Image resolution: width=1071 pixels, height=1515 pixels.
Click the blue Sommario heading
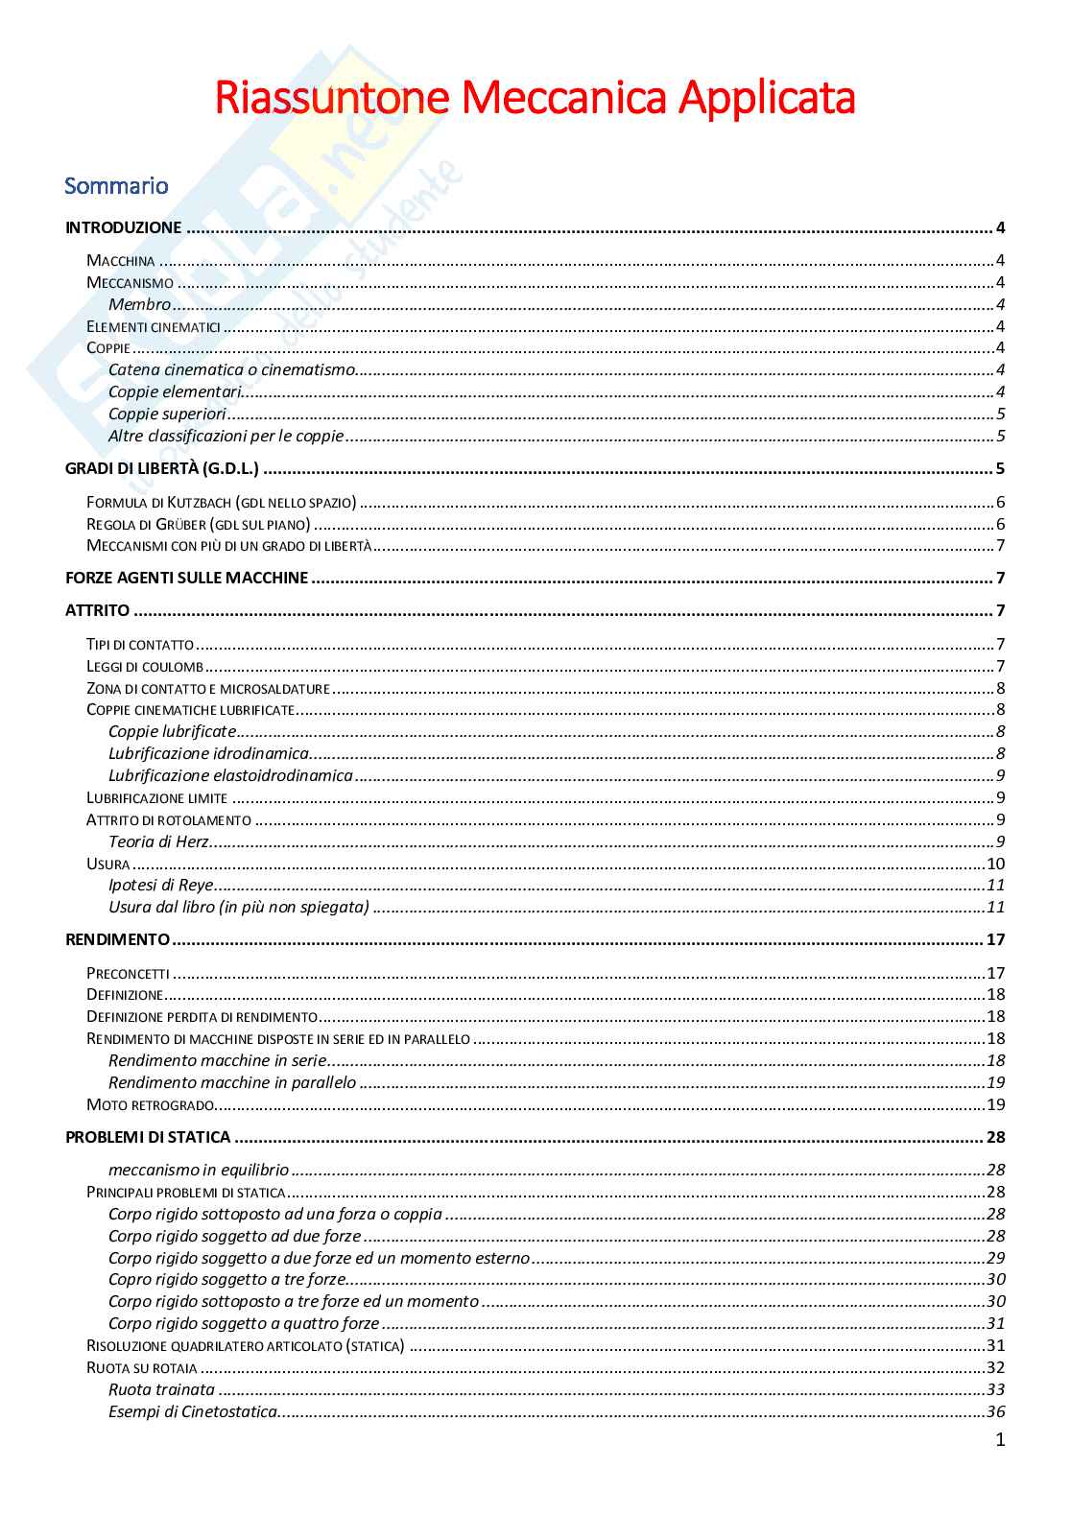click(x=116, y=185)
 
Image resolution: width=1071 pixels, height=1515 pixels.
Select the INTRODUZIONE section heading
click(x=123, y=227)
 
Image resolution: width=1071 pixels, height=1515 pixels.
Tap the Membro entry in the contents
click(x=139, y=304)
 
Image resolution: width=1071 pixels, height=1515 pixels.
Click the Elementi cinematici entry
click(x=154, y=326)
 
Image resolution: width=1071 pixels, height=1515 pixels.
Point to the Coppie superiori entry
click(x=167, y=414)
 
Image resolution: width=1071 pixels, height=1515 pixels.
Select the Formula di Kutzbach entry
click(x=221, y=502)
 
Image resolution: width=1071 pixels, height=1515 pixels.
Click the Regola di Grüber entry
click(x=198, y=524)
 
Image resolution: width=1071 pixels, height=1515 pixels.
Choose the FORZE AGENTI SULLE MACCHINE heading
click(x=186, y=578)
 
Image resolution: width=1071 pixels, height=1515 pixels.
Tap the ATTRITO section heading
click(x=97, y=610)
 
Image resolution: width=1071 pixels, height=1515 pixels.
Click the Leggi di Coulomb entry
click(x=145, y=666)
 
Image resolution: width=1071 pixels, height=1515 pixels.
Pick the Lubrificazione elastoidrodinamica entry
click(x=230, y=775)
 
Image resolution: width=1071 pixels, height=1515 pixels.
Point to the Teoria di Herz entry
click(x=158, y=841)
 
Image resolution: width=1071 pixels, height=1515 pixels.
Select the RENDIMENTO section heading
click(x=117, y=939)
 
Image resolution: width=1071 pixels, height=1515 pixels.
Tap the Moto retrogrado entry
click(x=150, y=1104)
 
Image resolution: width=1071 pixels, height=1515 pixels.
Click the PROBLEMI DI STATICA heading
click(x=148, y=1137)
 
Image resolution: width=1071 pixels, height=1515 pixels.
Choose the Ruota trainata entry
click(x=161, y=1389)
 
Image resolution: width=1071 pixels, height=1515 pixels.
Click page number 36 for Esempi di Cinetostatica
click(x=995, y=1411)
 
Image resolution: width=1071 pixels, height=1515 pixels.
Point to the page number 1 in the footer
click(x=1000, y=1439)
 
